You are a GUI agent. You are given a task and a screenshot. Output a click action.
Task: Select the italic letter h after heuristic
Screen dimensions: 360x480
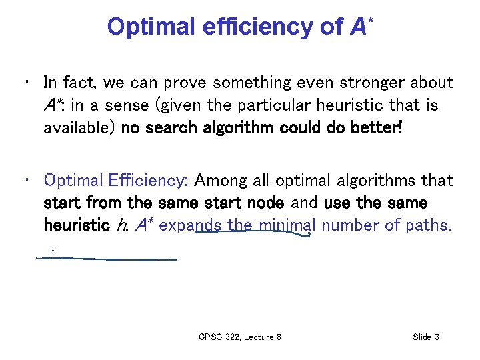[120, 225]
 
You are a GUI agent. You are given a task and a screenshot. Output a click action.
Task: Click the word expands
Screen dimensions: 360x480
[191, 225]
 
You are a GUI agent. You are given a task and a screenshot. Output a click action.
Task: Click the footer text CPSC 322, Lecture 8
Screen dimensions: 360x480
[240, 337]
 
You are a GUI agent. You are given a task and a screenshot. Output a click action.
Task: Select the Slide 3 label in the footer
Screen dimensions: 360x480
[426, 337]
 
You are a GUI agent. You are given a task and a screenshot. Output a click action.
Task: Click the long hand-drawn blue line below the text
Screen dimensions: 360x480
[107, 258]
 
